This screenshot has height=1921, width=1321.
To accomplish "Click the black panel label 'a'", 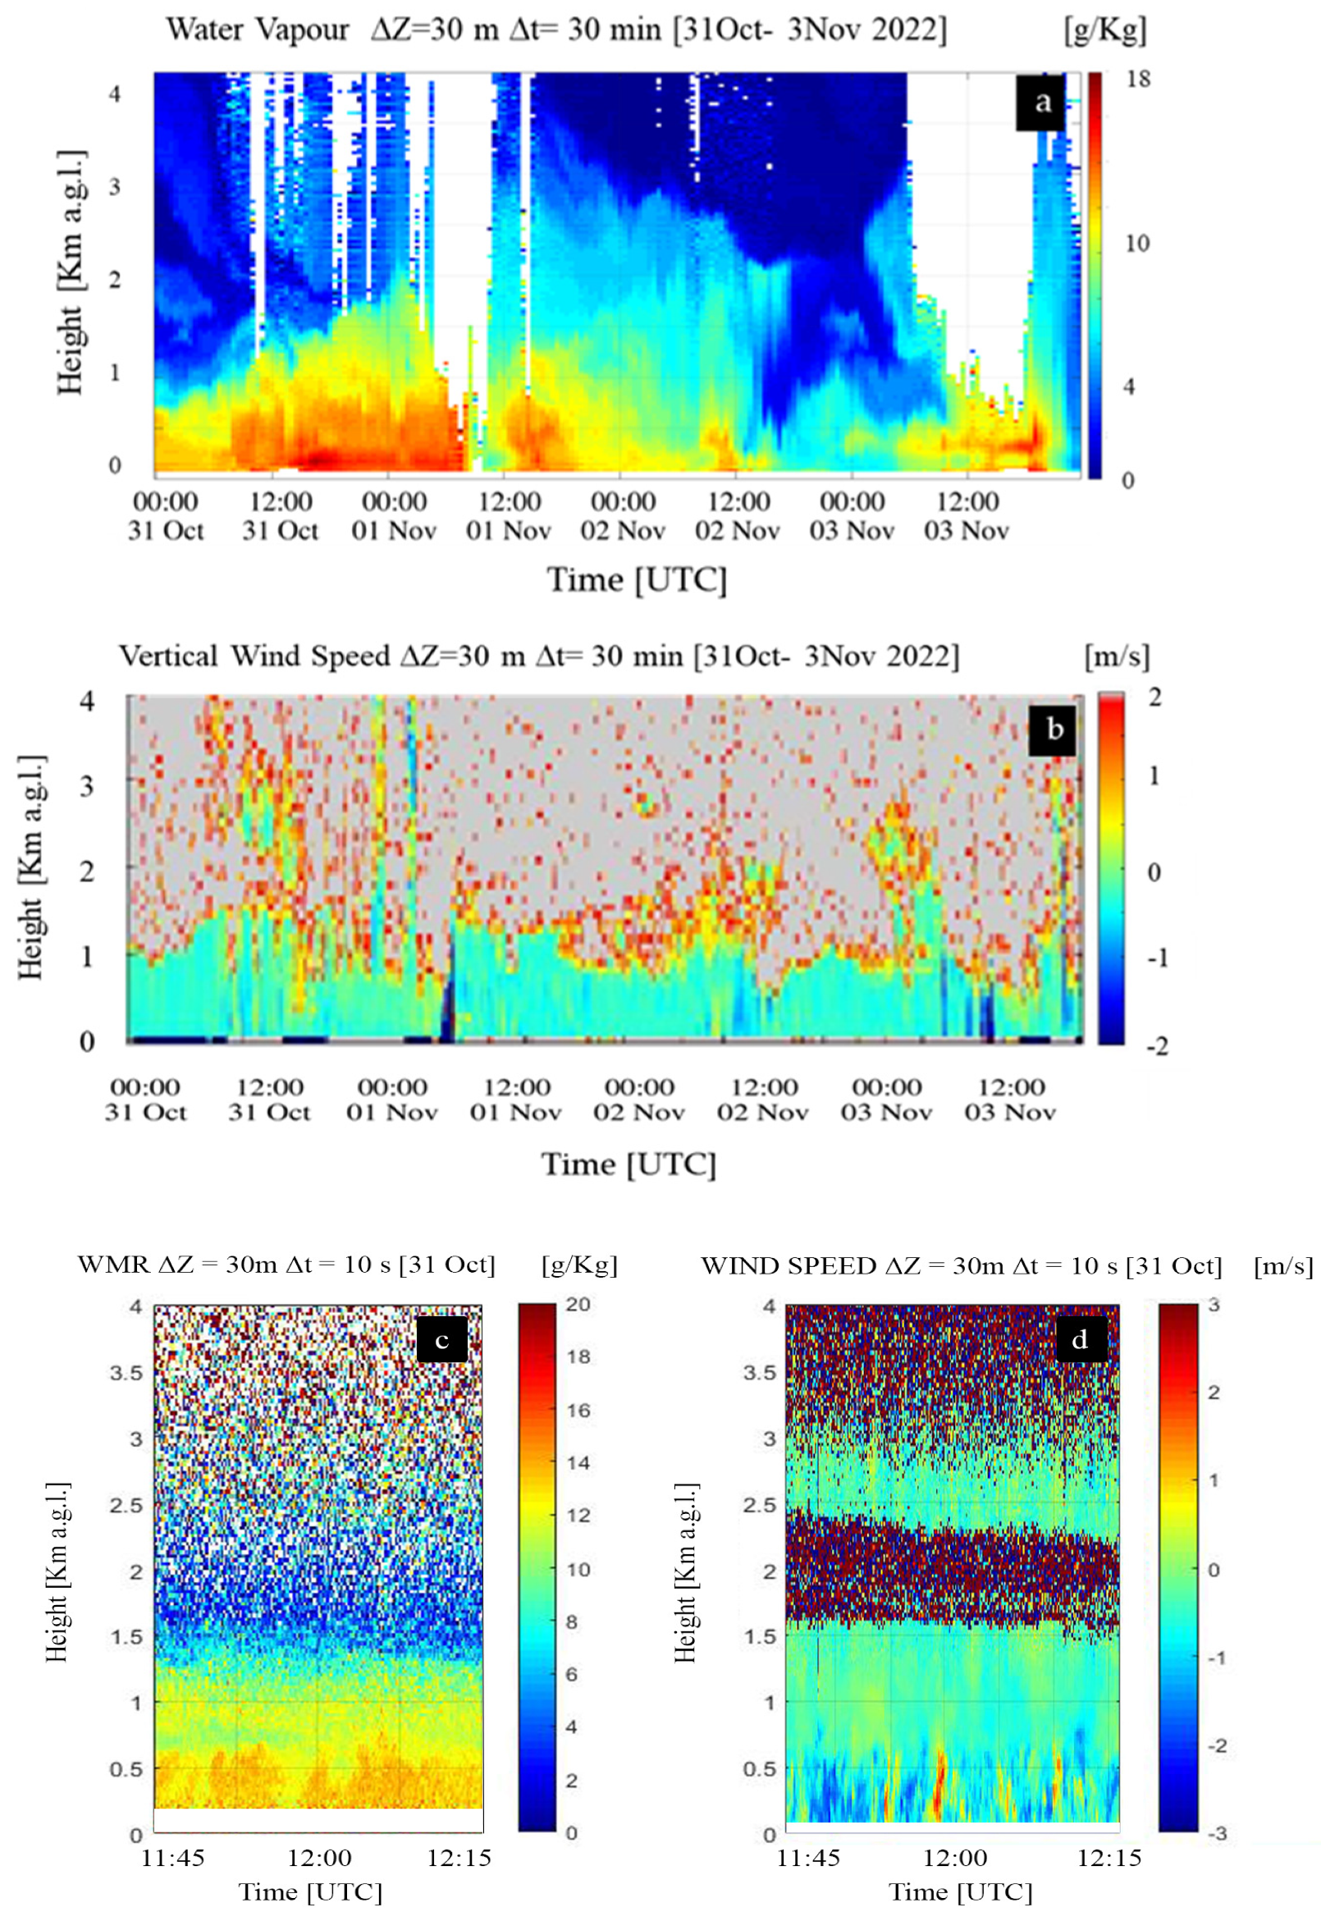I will (1041, 104).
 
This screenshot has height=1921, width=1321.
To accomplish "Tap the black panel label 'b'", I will (1053, 730).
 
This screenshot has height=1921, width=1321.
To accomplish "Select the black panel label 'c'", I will (442, 1339).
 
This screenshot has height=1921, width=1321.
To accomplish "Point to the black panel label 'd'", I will (1080, 1339).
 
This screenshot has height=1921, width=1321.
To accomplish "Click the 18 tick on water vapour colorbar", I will (1138, 80).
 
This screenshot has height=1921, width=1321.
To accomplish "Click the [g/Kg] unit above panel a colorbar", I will (1105, 31).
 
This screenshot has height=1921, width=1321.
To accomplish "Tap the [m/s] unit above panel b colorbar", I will (1117, 657).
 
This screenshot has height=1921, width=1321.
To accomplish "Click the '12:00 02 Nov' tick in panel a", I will (738, 515).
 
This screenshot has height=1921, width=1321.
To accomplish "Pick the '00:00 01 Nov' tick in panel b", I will (391, 1099).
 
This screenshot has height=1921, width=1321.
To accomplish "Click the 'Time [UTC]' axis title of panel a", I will (637, 580).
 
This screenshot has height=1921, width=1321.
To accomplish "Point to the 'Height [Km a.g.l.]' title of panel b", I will (31, 867).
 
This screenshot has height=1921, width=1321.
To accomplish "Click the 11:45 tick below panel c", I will (172, 1858).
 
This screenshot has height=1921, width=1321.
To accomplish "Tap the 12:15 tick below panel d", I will (1108, 1858).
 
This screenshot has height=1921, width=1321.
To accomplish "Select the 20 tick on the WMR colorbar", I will (578, 1305).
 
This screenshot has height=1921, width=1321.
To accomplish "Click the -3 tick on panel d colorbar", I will (1217, 1833).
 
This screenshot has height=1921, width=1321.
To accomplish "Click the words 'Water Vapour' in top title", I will (258, 30).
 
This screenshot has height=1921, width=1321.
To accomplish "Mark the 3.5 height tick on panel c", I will (126, 1372).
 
